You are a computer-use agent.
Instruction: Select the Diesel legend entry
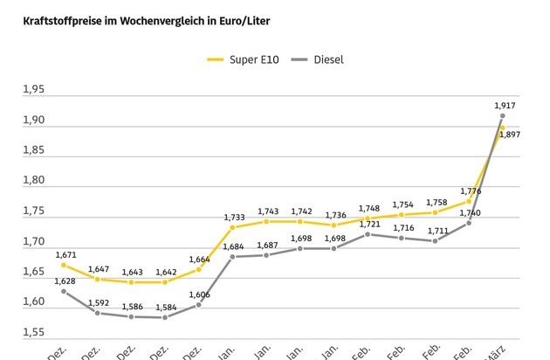(326, 59)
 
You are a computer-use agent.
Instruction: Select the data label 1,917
(503, 106)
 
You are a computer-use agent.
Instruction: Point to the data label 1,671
(66, 255)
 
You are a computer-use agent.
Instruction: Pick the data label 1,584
(165, 307)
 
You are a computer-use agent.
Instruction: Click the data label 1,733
(233, 217)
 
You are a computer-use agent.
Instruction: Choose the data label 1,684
(233, 246)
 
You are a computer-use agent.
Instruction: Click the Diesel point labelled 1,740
(469, 223)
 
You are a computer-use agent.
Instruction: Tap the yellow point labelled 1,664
(198, 269)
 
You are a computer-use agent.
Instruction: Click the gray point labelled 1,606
(198, 304)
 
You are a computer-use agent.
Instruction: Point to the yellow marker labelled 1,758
(435, 212)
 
